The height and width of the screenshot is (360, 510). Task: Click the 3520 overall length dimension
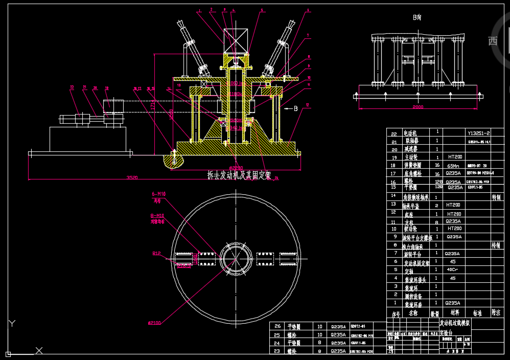pos(132,177)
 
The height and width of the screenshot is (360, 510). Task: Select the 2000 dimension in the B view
pos(418,106)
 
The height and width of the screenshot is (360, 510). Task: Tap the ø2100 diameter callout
pos(155,323)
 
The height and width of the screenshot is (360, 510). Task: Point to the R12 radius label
pos(156,253)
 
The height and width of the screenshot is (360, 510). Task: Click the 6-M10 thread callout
pos(159,194)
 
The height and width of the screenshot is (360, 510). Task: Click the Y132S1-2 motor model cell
pos(479,132)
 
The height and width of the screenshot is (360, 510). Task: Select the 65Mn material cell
pos(453,166)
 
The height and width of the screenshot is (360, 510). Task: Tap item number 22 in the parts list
pos(394,133)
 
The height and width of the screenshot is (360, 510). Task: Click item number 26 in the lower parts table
pos(277,326)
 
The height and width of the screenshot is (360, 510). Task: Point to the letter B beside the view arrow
pos(295,108)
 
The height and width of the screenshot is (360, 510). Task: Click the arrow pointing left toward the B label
pos(286,108)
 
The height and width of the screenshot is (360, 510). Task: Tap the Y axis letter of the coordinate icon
pos(12,323)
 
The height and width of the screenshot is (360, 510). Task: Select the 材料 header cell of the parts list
pos(454,312)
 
